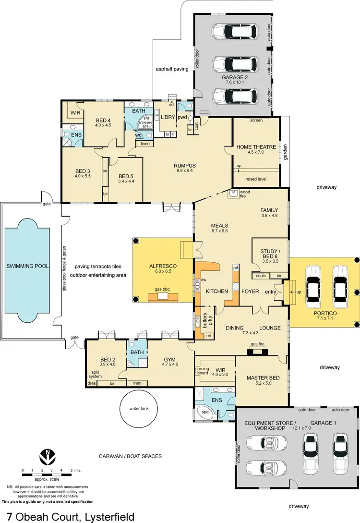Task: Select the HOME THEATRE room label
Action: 256,147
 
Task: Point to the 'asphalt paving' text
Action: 172,69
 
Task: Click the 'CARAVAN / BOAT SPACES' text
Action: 130,456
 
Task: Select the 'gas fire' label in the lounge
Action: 258,344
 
